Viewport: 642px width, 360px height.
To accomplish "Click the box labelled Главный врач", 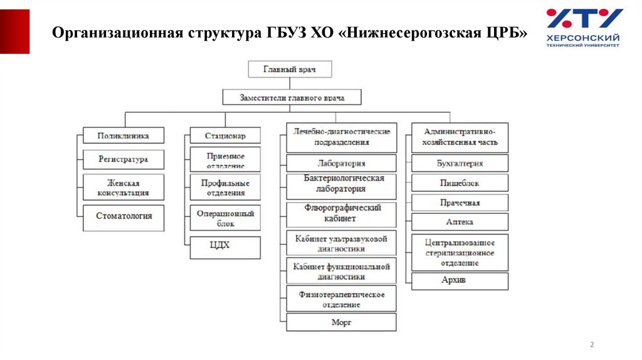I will (x=290, y=69).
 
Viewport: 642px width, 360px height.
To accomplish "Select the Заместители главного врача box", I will (x=292, y=98).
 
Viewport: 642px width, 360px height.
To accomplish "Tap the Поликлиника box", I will (x=124, y=135).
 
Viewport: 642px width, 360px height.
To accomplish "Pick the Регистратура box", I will (x=124, y=159).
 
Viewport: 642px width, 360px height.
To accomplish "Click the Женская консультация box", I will (x=124, y=188).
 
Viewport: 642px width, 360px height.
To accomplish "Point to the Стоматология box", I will (x=124, y=216).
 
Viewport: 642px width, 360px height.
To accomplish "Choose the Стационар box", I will (x=225, y=135).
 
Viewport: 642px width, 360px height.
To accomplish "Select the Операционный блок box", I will (x=225, y=218).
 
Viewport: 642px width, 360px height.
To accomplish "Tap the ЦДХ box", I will (x=225, y=246).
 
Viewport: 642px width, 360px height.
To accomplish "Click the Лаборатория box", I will (x=342, y=164).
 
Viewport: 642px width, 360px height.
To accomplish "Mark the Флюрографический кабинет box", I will (x=342, y=213).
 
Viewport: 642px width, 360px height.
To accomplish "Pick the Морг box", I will (x=342, y=322).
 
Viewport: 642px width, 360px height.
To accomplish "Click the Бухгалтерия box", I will (x=460, y=164).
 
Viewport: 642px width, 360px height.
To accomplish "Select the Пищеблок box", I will (x=460, y=184).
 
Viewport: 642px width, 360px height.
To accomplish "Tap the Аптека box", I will (x=460, y=222).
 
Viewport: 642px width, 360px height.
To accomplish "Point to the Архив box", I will (x=460, y=280).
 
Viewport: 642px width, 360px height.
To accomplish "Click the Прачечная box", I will (x=460, y=203).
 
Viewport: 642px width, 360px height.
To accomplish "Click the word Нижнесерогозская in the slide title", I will (x=413, y=33).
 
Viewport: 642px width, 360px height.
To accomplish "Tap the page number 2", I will (x=592, y=344).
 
